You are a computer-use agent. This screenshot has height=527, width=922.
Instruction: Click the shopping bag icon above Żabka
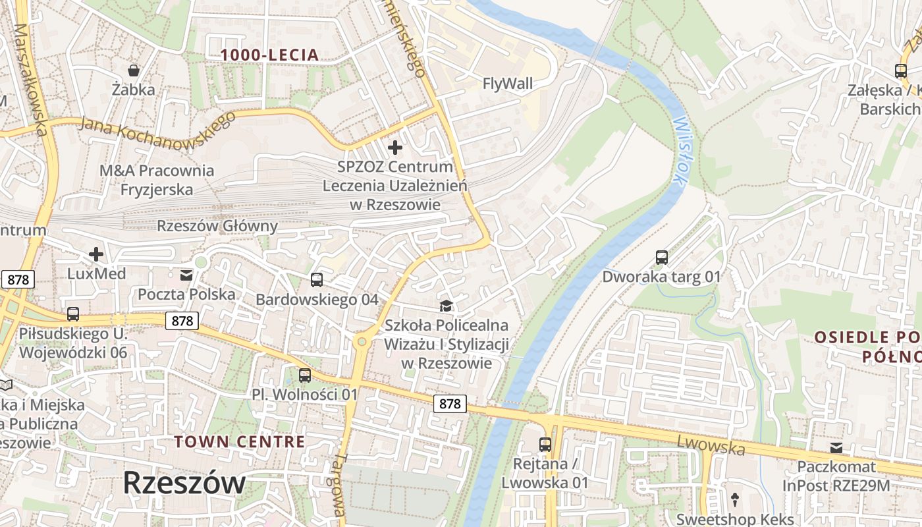point(134,70)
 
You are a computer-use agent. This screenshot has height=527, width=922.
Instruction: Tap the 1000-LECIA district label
point(270,55)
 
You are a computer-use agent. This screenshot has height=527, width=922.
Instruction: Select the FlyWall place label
point(508,84)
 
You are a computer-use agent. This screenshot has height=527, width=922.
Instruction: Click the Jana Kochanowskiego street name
point(157,125)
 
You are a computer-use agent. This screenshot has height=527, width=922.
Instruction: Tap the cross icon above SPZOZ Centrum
point(395,148)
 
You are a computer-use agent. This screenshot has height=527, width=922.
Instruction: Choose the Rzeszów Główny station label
point(217,226)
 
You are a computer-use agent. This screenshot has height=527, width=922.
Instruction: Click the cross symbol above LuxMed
point(96,254)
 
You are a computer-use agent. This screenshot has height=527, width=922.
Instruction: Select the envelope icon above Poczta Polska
point(186,275)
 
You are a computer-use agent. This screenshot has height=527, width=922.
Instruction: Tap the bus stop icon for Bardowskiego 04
point(317,280)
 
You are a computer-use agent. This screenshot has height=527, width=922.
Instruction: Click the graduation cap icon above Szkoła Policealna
point(447,306)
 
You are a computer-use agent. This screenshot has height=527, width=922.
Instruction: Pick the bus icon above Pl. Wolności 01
point(304,375)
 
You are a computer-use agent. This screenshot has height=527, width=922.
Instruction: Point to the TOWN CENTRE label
point(240,441)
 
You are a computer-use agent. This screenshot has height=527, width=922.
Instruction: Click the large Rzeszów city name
point(184,483)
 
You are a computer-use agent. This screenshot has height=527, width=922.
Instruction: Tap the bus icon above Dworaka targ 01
point(662,258)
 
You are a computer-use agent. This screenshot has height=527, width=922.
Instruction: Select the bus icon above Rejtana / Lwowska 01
point(545,445)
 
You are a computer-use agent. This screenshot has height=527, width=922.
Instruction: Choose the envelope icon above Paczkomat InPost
point(836,448)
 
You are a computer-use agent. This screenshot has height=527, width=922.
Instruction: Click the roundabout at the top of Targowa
point(361,341)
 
